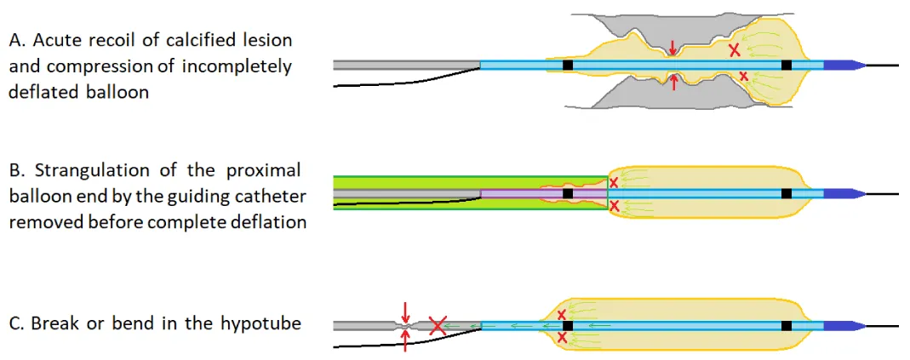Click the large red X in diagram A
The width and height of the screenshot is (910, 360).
(734, 51)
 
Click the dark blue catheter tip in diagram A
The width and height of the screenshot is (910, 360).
(844, 65)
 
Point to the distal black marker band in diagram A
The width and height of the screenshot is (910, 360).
(787, 65)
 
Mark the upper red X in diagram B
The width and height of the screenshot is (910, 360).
(615, 182)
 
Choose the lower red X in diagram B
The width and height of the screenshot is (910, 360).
(615, 206)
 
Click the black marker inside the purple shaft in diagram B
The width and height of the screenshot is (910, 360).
(568, 194)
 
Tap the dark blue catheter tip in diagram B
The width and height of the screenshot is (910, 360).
(844, 194)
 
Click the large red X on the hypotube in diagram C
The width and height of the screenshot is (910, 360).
(438, 324)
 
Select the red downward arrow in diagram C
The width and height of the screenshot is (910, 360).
(405, 309)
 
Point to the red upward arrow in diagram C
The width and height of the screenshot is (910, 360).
(405, 340)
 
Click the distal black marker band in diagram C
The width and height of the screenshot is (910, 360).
(787, 325)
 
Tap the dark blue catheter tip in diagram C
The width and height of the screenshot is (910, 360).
(844, 325)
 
